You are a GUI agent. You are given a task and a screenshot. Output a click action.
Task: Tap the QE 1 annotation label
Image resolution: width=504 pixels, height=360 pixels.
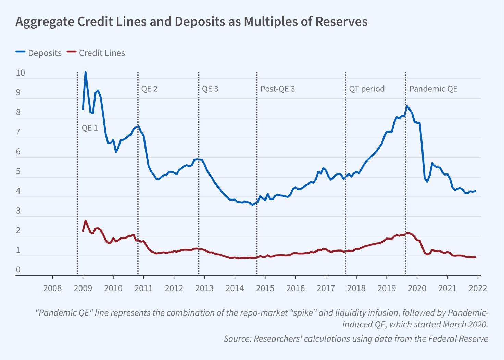(90, 128)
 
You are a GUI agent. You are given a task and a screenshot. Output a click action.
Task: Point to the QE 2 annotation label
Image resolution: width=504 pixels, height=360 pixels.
(149, 89)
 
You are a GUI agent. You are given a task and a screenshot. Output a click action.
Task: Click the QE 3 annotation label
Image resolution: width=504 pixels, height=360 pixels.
(210, 89)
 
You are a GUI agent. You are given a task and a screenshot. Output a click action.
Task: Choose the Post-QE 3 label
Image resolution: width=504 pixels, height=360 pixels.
(277, 89)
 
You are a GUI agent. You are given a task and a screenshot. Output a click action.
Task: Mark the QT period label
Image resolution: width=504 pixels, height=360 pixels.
(367, 89)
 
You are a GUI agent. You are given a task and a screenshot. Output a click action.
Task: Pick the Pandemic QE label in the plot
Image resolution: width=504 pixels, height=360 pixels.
(433, 89)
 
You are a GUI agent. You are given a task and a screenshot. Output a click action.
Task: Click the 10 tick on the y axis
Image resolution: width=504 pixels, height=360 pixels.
(20, 73)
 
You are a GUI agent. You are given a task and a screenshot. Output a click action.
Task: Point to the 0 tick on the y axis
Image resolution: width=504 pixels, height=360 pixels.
(18, 270)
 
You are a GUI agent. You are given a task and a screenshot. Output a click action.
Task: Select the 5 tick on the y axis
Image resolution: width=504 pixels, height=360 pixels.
(18, 171)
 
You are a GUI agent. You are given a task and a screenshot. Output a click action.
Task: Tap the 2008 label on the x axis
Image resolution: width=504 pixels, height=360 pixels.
(52, 288)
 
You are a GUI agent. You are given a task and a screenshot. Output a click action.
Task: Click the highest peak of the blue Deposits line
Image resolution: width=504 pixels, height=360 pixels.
(85, 72)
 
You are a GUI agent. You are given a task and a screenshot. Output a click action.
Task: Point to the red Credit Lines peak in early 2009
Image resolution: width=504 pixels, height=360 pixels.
(85, 221)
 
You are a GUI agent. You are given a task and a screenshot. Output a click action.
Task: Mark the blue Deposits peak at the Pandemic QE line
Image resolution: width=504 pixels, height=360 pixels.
(406, 106)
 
